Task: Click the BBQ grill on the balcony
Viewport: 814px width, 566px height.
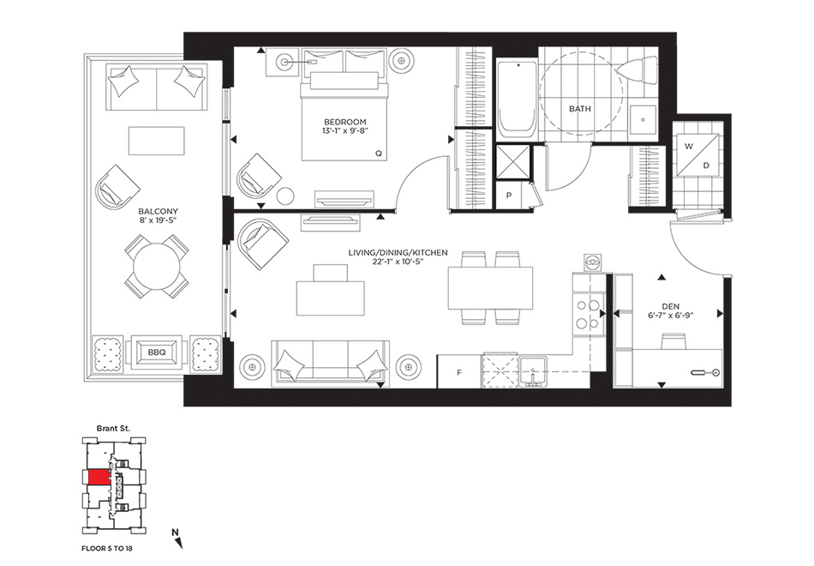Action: [156, 352]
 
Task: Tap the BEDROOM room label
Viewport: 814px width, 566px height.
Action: [345, 122]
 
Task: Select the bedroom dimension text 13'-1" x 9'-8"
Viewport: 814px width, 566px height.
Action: [345, 131]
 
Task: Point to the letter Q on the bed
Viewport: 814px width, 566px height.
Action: [379, 154]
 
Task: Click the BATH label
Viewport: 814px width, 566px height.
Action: [580, 109]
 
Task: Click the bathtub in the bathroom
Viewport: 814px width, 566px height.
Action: [517, 100]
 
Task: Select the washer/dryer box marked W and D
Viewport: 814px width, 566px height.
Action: [697, 154]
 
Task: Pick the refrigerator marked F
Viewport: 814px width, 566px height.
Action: [459, 371]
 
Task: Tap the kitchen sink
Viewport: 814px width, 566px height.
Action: [533, 371]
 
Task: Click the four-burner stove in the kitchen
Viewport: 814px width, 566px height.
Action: [588, 313]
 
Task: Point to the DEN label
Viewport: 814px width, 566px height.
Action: [670, 307]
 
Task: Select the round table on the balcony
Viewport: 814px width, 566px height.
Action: [156, 266]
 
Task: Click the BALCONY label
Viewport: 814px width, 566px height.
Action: [158, 212]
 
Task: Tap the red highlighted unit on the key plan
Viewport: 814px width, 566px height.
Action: [99, 477]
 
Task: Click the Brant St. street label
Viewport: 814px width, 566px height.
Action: [113, 429]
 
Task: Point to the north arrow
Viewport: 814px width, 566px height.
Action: [177, 539]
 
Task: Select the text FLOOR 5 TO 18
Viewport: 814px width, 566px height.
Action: [111, 548]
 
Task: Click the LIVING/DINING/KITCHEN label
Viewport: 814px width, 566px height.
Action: [398, 253]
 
